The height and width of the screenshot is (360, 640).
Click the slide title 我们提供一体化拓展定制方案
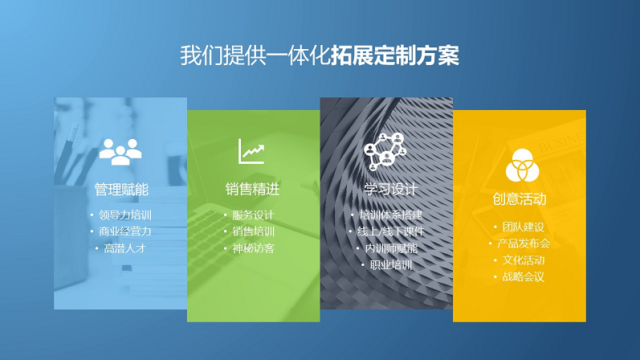(x=320, y=55)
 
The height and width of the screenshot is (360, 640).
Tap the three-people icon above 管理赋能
(x=120, y=152)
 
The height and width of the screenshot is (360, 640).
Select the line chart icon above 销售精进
(x=251, y=151)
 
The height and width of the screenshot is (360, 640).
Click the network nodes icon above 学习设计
(x=385, y=151)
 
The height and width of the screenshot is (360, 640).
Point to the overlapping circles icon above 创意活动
(x=522, y=165)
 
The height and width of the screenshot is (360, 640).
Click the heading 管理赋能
(x=121, y=190)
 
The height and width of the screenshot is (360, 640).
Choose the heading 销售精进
(x=253, y=189)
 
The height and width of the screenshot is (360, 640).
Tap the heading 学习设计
(x=390, y=189)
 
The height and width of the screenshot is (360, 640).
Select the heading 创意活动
(x=520, y=199)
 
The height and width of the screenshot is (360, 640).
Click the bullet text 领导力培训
(x=125, y=215)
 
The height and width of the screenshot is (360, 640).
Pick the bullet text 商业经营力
(x=125, y=231)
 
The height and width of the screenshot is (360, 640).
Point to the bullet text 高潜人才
(x=125, y=248)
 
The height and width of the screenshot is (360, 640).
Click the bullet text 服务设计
(x=254, y=215)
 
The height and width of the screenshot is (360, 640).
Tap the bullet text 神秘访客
(x=254, y=248)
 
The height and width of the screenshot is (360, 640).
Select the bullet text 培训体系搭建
(x=391, y=215)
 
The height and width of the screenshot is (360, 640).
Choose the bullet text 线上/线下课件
(x=391, y=231)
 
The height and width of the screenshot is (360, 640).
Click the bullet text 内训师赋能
(x=391, y=248)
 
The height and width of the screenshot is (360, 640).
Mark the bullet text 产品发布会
(x=524, y=243)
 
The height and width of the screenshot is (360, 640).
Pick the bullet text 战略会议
(x=524, y=277)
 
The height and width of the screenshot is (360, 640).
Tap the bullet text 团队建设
(x=524, y=227)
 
